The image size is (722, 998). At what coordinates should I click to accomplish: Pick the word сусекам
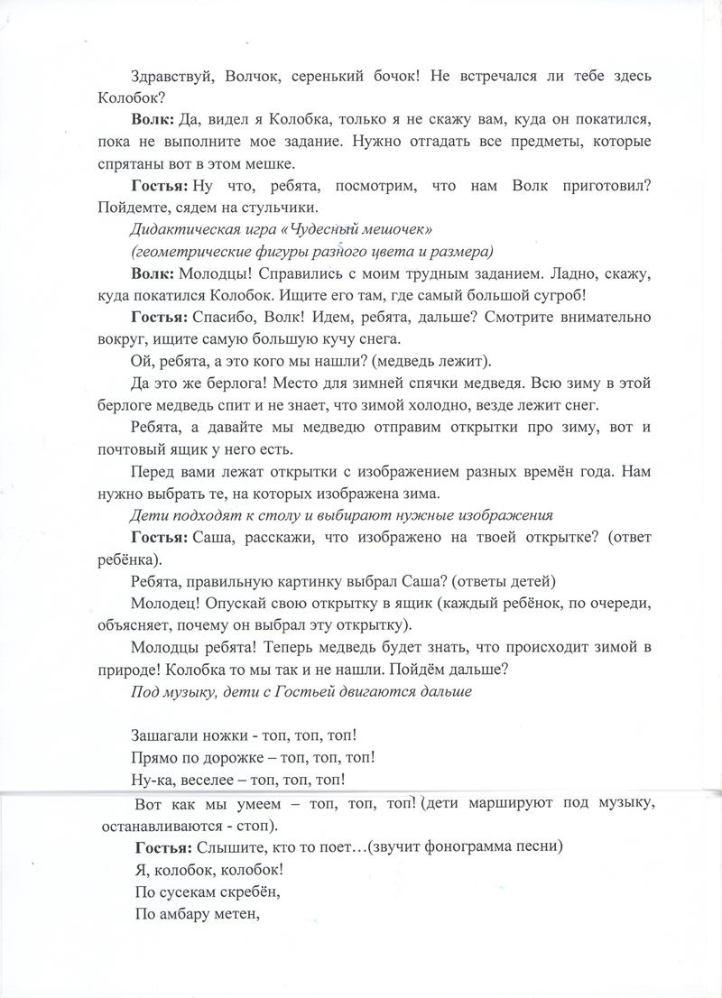(186, 891)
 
